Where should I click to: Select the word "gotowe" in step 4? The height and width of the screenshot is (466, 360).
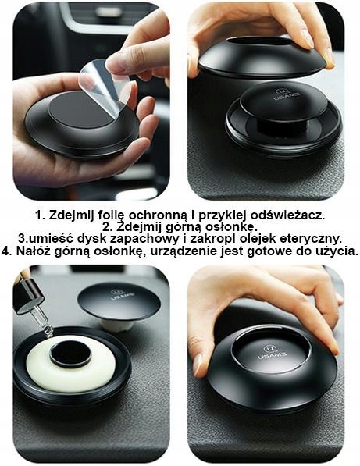(x=269, y=251)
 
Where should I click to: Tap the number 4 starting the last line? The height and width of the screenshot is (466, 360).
(x=6, y=251)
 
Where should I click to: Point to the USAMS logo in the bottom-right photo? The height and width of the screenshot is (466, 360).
(x=275, y=351)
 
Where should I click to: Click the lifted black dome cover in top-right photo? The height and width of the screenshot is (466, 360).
(x=261, y=56)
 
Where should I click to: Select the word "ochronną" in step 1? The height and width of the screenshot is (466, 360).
(x=153, y=215)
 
